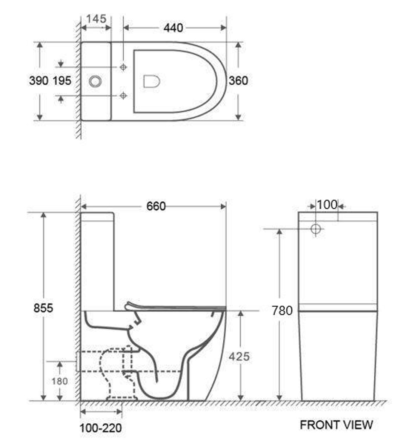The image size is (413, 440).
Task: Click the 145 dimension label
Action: (96, 19)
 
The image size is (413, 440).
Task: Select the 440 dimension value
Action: (173, 28)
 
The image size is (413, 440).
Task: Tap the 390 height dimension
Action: (38, 81)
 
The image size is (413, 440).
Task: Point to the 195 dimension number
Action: (62, 81)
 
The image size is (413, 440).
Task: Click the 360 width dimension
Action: (238, 81)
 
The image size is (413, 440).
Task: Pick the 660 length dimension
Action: (156, 207)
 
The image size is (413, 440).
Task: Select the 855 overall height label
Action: (43, 308)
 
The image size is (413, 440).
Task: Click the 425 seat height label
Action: (239, 357)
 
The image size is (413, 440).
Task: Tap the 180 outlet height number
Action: (59, 382)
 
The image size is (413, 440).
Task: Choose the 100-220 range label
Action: (101, 428)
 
